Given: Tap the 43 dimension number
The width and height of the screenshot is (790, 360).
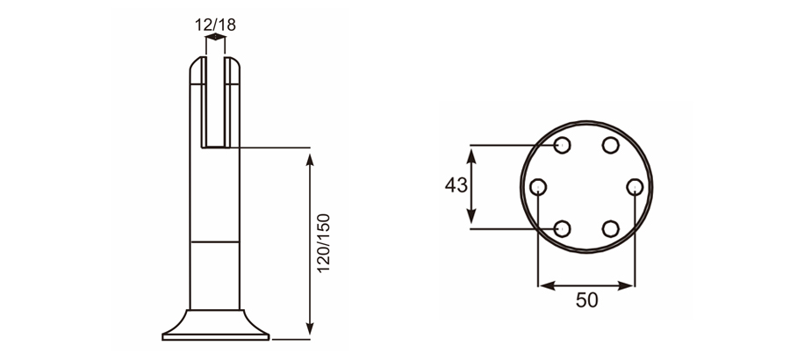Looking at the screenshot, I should pos(456,186).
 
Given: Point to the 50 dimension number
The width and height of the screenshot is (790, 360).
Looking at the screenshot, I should pos(586,300).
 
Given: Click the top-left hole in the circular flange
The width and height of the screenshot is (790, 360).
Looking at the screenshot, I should pos(564,145).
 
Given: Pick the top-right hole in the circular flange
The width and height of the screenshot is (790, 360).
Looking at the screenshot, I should pos(611,145).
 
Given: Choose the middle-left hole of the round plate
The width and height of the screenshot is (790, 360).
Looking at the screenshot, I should pos(540,186).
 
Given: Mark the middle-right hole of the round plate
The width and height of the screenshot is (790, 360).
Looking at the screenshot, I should pos(635,186).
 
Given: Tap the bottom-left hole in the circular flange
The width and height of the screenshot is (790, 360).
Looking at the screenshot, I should pos(564,228).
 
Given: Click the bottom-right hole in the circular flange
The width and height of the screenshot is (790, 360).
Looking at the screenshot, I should pos(611,228).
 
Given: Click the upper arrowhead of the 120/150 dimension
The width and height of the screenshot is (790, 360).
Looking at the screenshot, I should pos(309,159).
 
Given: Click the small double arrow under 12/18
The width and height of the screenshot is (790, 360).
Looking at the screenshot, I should pos(214,38).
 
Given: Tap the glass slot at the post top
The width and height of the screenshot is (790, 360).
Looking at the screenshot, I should pos(214,101).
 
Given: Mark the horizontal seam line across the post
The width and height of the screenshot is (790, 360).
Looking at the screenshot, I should pos(214,241).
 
